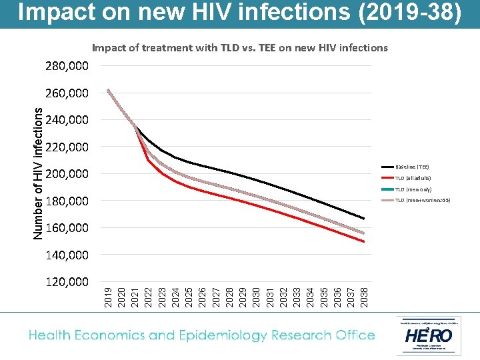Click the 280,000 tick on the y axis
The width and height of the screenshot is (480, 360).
tap(67, 66)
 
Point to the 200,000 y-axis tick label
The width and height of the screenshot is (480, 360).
tap(67, 174)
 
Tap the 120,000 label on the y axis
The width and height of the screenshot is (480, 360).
tap(67, 282)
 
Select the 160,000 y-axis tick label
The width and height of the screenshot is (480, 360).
tap(67, 228)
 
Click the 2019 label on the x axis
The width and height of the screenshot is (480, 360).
tap(108, 297)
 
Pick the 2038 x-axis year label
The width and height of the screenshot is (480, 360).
tap(364, 297)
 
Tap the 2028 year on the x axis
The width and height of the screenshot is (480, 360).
tap(229, 297)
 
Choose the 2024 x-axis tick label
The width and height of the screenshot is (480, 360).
tap(175, 297)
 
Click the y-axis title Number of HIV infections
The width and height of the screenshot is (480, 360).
tap(39, 173)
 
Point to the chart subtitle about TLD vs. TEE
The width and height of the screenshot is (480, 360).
tap(239, 47)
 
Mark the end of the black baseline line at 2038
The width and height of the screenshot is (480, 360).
tap(364, 219)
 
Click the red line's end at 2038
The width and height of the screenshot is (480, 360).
tap(364, 241)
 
